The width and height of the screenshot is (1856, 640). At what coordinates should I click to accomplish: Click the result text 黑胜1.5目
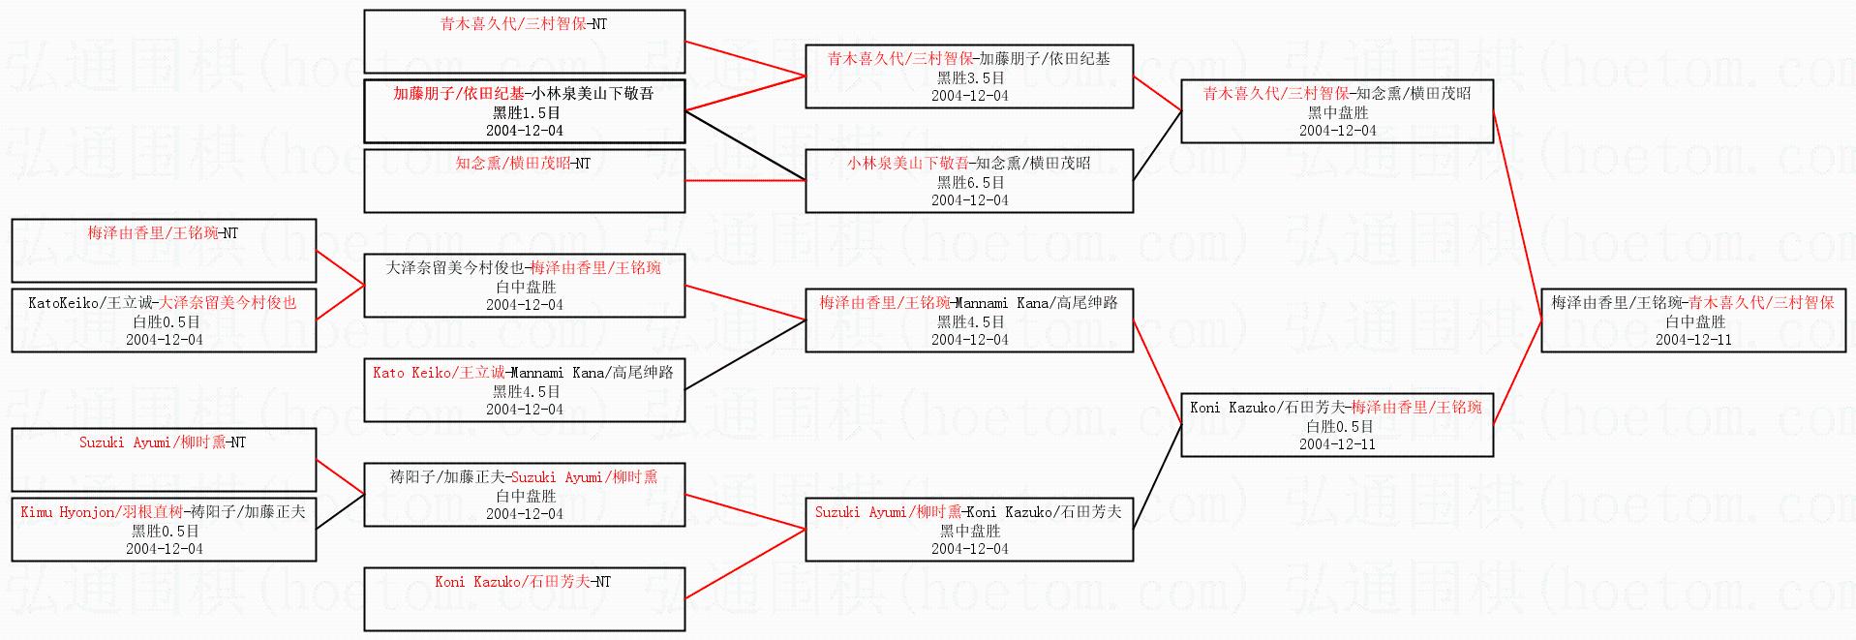(524, 112)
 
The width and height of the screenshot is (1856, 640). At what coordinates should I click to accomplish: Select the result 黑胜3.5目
(969, 77)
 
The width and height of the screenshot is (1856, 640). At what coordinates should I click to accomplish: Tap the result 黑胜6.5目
(969, 182)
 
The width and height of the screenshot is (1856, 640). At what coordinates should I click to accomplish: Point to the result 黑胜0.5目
(165, 531)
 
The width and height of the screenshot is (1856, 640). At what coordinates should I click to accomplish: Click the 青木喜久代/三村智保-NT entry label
(524, 23)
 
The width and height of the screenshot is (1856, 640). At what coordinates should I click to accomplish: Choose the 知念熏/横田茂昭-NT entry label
(524, 163)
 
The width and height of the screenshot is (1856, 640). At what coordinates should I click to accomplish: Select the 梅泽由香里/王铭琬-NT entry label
(163, 232)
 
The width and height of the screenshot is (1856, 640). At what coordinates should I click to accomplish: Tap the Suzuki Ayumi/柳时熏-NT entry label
(163, 442)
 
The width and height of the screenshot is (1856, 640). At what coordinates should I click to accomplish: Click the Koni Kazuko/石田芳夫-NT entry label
(524, 581)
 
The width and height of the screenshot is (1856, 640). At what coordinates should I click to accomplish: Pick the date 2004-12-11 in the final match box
(1693, 339)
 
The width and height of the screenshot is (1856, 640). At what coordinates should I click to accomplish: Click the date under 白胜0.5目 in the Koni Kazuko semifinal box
(1337, 443)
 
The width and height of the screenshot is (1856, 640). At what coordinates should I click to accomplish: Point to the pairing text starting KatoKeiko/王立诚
(163, 302)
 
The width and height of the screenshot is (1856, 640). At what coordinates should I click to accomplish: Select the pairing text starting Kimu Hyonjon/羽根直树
(163, 511)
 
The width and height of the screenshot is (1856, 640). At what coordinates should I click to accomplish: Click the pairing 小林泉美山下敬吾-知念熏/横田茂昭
(969, 163)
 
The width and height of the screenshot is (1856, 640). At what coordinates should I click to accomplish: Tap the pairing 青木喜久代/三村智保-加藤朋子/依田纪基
(969, 58)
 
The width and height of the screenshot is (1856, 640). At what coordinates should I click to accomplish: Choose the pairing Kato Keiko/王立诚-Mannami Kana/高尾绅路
(524, 372)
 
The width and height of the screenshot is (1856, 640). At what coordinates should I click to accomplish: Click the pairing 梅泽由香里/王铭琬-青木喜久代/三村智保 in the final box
(1693, 302)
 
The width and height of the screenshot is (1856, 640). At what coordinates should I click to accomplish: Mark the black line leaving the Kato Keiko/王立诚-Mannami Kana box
(745, 355)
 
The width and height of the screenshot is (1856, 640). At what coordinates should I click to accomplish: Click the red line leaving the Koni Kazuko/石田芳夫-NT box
(745, 564)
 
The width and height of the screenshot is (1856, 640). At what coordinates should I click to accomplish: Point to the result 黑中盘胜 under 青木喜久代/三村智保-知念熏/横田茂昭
(1337, 112)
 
